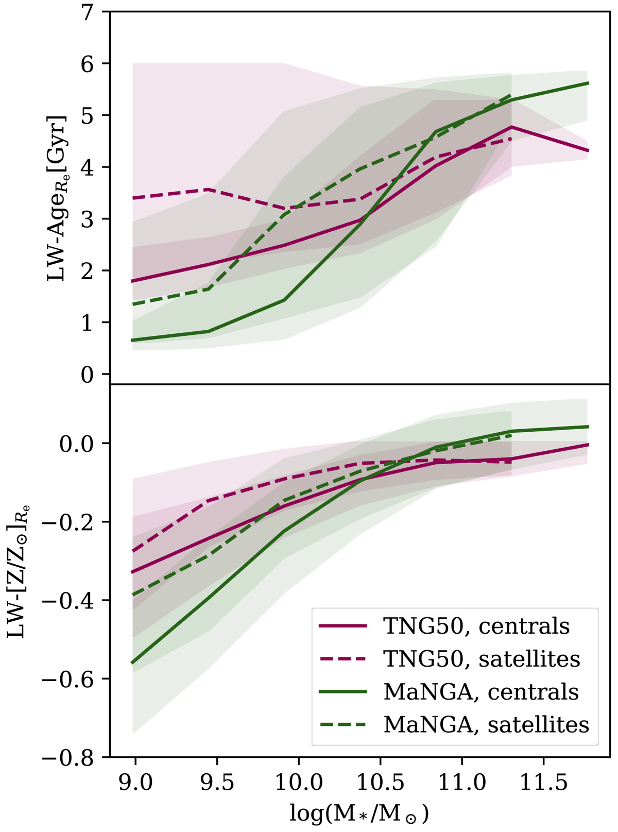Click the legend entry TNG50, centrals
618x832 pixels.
pyautogui.click(x=476, y=626)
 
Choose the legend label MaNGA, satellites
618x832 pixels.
pyautogui.click(x=486, y=724)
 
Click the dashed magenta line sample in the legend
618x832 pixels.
pyautogui.click(x=342, y=658)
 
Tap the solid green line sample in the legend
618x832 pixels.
pyautogui.click(x=342, y=691)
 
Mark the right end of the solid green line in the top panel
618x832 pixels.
pyautogui.click(x=588, y=83)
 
